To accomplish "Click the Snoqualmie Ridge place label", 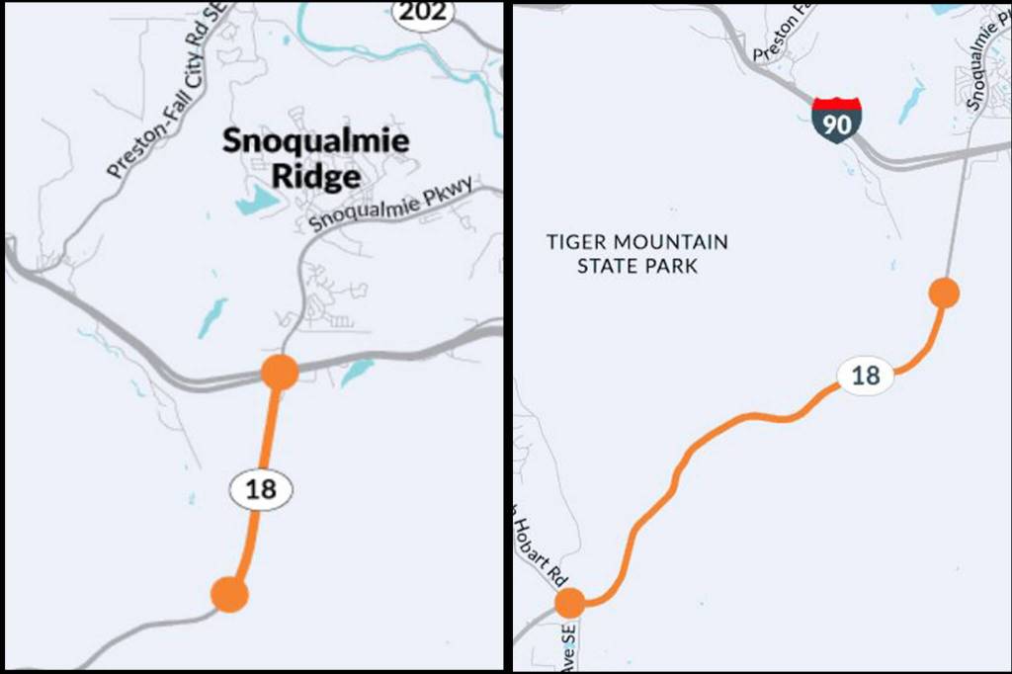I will (314, 158).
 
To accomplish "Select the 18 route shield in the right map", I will (865, 376).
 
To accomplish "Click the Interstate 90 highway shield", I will (836, 122).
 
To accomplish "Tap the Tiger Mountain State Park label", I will (637, 254).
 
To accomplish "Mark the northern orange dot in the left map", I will (280, 373).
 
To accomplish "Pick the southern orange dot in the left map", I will (229, 595).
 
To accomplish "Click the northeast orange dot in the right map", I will (945, 294).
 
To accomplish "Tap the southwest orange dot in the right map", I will (569, 603).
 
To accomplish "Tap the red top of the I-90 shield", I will (836, 104).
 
